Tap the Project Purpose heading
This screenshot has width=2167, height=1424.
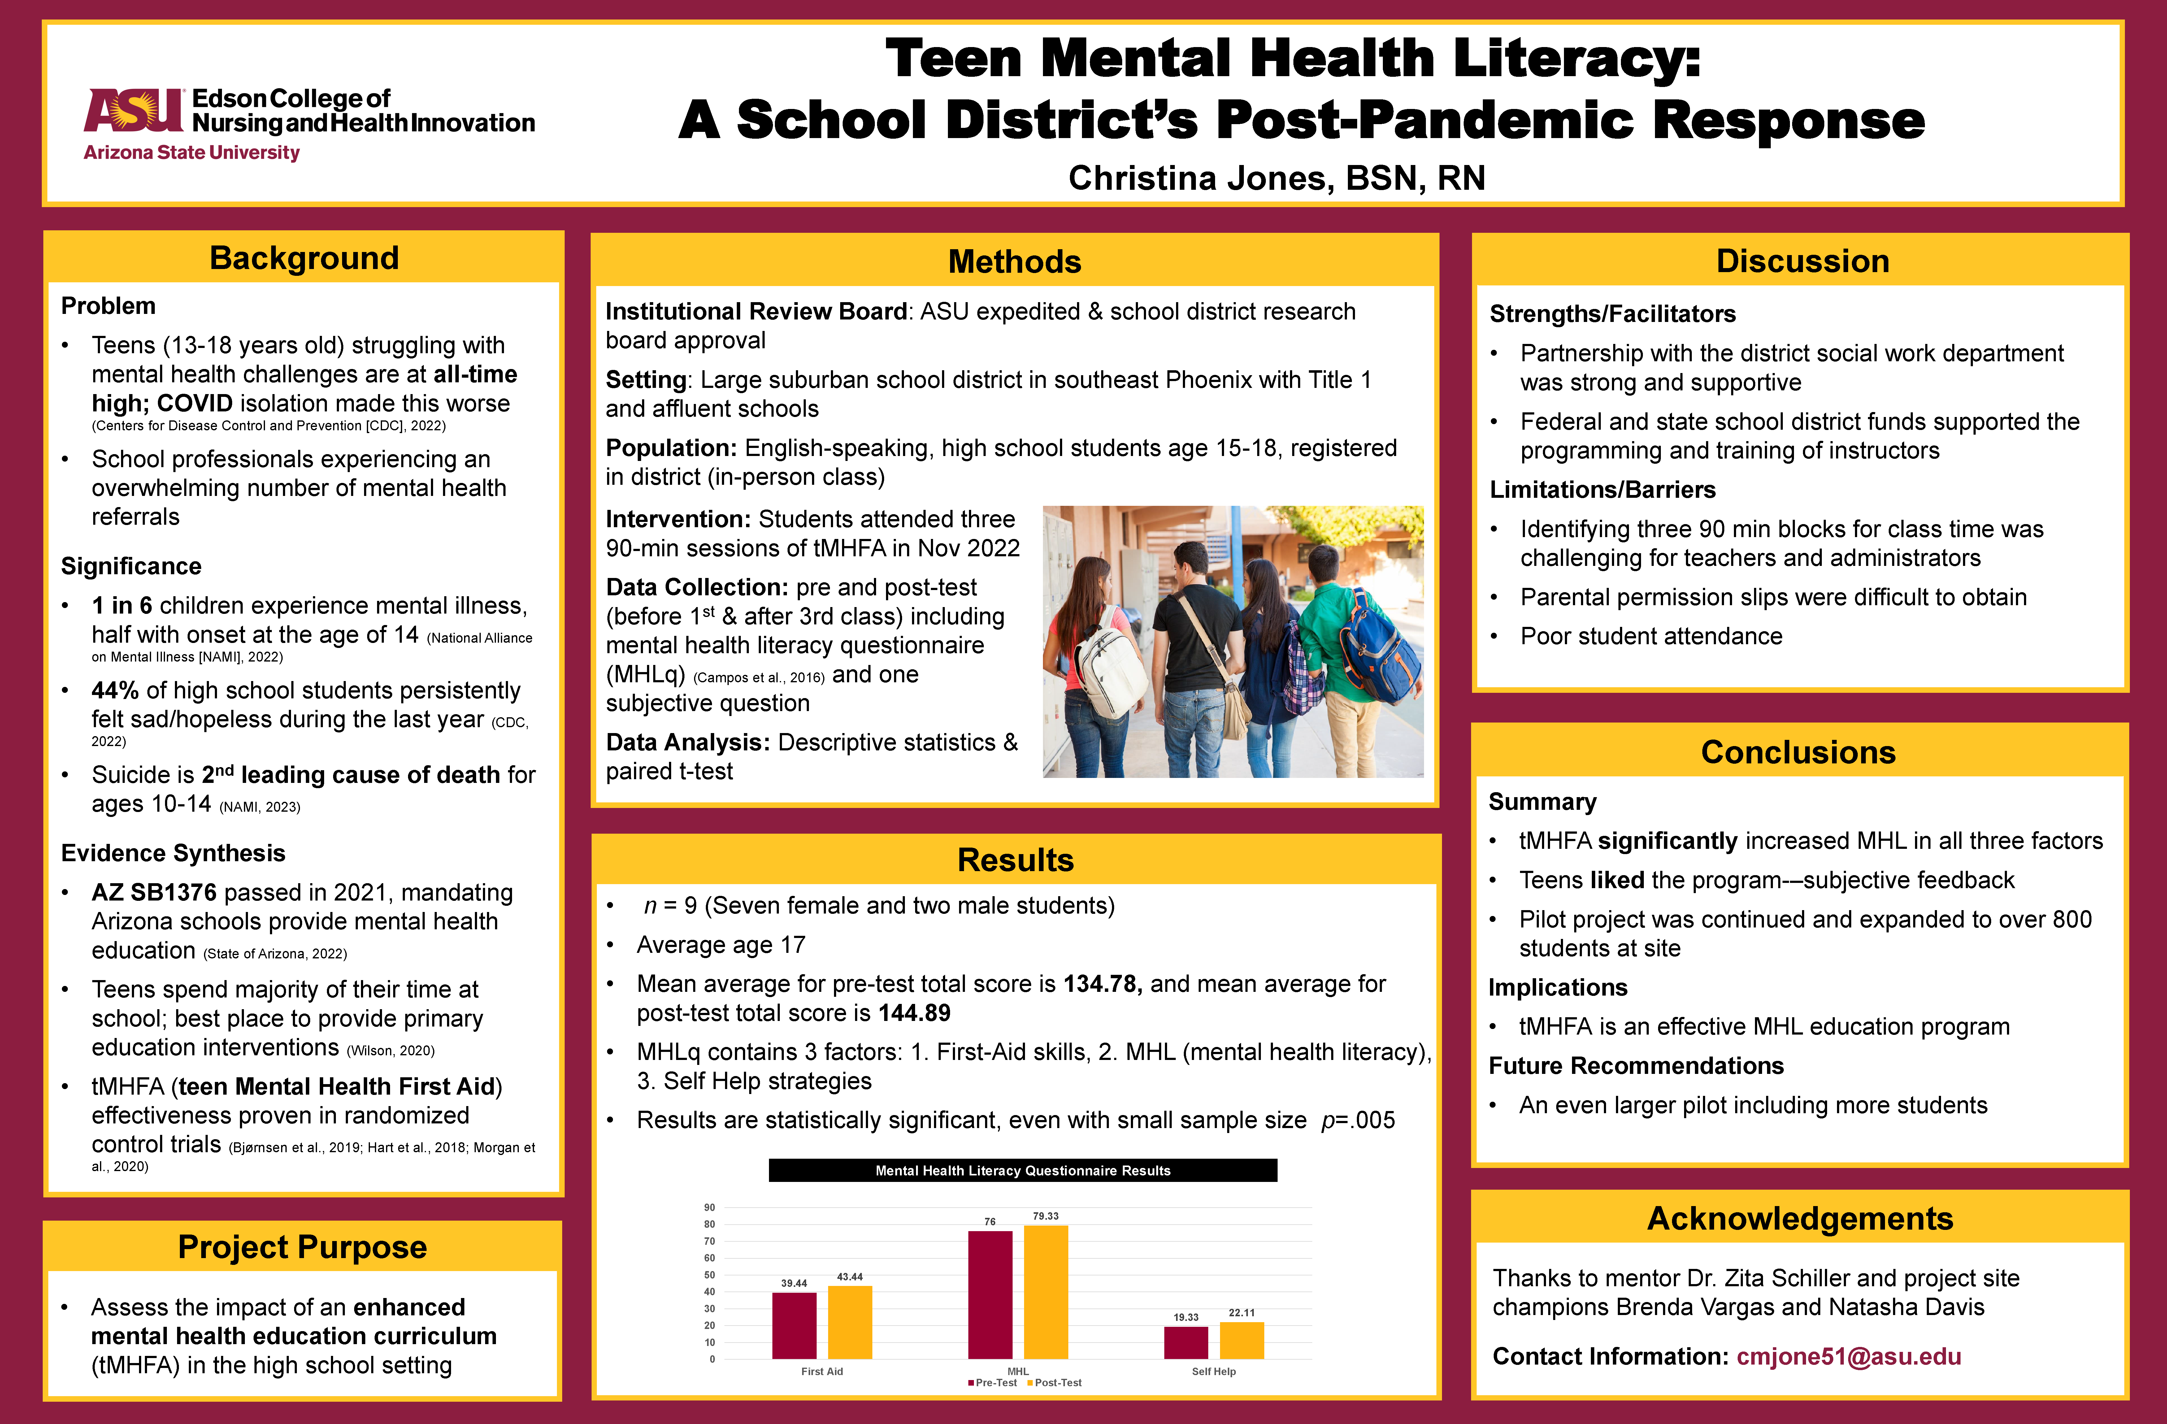302,1246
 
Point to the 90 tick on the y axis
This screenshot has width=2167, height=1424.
709,1207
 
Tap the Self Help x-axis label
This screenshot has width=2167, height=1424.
1214,1371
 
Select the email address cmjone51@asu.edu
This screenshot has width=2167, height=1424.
1848,1357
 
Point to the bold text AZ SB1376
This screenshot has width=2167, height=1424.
154,892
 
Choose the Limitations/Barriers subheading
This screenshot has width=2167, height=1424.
1602,490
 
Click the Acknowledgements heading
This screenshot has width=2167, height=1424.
1800,1218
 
